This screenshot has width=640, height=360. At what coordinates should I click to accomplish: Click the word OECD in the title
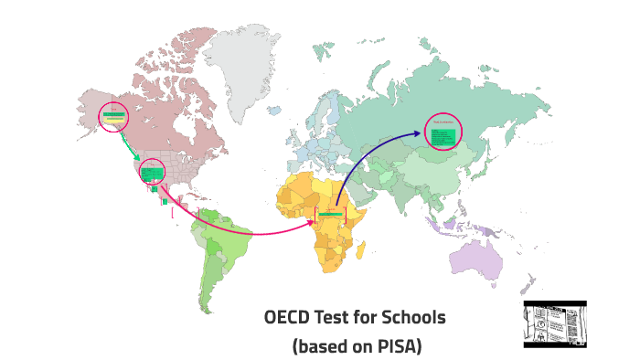coord(287,318)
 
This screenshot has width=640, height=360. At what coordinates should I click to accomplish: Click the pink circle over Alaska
coord(114,116)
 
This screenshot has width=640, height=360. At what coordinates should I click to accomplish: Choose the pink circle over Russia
coord(444,132)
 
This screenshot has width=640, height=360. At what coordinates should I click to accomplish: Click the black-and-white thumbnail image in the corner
coord(554,323)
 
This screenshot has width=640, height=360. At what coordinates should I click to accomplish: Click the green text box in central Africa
coord(331,214)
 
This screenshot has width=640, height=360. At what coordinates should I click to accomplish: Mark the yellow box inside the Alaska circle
coord(114,119)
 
